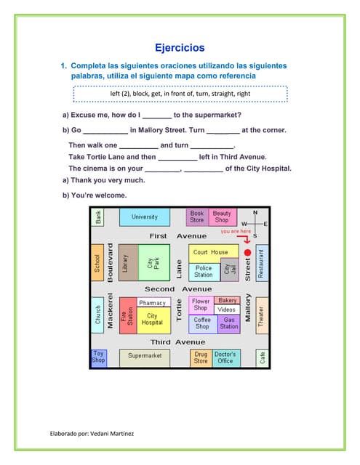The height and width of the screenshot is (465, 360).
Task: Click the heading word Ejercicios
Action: pos(180,48)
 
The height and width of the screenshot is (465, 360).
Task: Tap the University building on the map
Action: pos(144,217)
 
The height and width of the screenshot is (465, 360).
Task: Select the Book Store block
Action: pos(197,217)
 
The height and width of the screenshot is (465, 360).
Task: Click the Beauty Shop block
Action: pos(222,217)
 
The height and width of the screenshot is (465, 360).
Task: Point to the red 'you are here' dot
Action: pos(247,252)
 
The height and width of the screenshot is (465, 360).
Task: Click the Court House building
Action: pos(210,252)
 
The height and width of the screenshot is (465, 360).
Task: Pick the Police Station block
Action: pos(204,271)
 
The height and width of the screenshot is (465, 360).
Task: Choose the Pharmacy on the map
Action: pos(152,302)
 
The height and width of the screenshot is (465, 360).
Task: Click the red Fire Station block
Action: pos(127,315)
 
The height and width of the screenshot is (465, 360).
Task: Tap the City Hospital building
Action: pos(152,320)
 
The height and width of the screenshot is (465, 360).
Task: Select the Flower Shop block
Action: pos(201,304)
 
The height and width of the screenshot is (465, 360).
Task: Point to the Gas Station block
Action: pos(228,323)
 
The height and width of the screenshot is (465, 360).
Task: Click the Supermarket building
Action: pos(145,356)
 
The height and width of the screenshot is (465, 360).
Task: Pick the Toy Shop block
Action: pos(98,357)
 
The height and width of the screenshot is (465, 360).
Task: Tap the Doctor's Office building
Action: pos(225,357)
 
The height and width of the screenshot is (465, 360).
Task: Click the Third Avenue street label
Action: pos(178,341)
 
